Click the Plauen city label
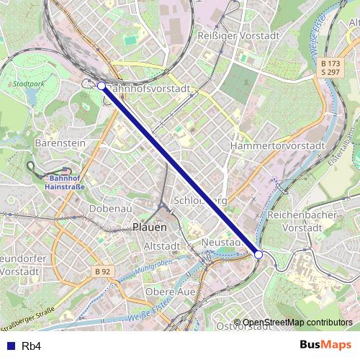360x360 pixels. [150, 226]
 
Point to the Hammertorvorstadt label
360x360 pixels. [278, 145]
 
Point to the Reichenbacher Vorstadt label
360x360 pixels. [297, 221]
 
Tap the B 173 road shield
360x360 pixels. [331, 63]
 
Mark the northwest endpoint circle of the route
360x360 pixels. [102, 86]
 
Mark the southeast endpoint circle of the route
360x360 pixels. [258, 253]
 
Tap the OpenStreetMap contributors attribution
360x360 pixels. [297, 322]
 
